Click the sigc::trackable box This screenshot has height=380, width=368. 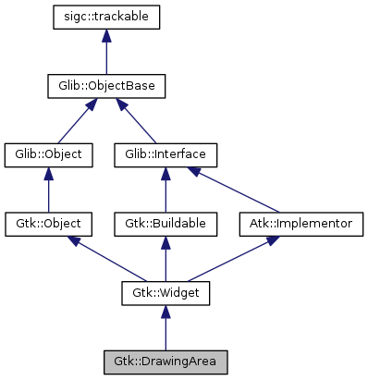(x=107, y=17)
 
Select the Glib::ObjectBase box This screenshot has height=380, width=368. (x=107, y=86)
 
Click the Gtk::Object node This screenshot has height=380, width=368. (x=49, y=224)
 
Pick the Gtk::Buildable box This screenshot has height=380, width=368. (x=166, y=224)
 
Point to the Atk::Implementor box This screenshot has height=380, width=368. (x=301, y=224)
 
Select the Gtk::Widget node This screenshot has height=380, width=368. (x=166, y=293)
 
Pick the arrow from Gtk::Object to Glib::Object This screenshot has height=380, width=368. (x=49, y=190)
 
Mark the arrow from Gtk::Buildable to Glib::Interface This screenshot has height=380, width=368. (x=166, y=190)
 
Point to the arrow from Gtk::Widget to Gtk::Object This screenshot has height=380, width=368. (x=106, y=258)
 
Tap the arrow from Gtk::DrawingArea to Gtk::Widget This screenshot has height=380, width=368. (x=166, y=327)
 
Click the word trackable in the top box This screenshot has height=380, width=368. (x=125, y=17)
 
